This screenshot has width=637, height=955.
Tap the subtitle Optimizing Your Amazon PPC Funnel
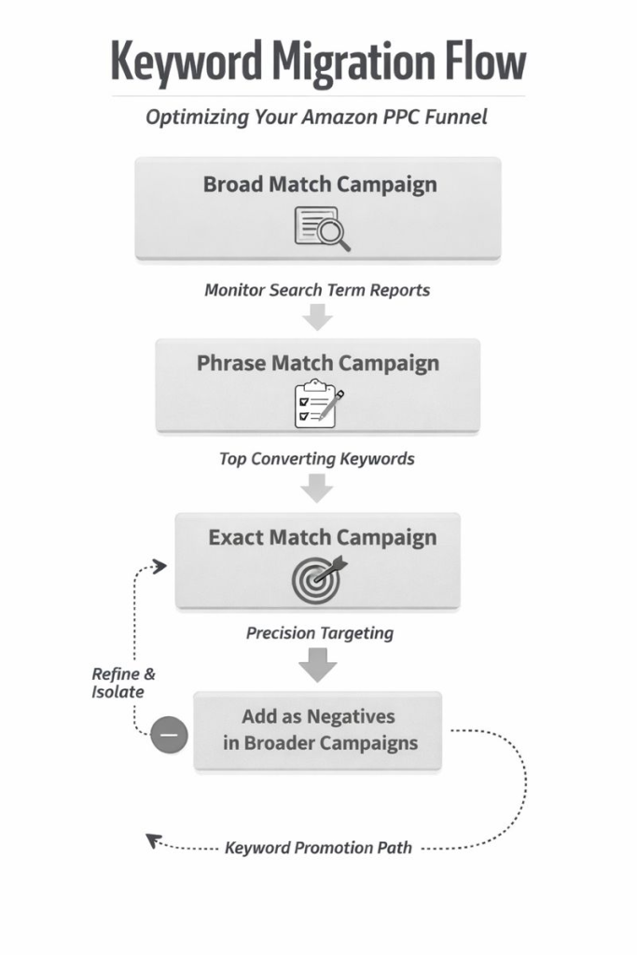tap(317, 118)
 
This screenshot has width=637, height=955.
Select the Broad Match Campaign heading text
tap(319, 184)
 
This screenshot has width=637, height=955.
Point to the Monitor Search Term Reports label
tap(317, 289)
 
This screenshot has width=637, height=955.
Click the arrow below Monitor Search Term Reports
tap(318, 317)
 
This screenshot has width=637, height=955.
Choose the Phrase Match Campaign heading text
tap(317, 363)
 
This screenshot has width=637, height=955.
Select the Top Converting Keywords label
tap(317, 459)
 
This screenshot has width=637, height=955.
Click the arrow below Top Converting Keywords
tap(318, 487)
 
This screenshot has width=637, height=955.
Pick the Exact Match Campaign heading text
tap(322, 537)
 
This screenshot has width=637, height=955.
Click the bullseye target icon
tap(317, 579)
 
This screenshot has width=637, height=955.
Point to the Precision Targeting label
tap(320, 633)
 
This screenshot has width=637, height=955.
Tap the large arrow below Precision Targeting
tap(318, 664)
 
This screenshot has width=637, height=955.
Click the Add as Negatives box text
tap(318, 730)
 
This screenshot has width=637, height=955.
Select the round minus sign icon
tap(169, 736)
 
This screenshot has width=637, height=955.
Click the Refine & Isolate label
tap(118, 683)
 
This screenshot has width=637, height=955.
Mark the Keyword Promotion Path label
tap(318, 849)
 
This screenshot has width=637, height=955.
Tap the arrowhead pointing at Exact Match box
tap(160, 566)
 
